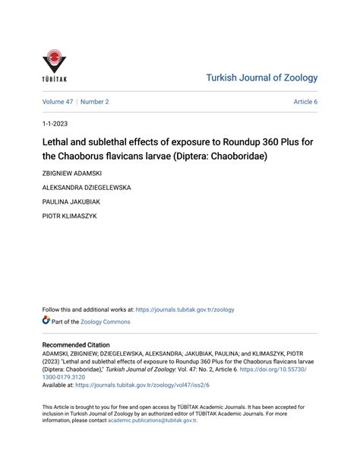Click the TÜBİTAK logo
coord(55,67)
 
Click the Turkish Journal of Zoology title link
coord(262,78)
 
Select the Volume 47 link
coord(57,101)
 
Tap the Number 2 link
coord(95,101)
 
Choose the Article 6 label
coord(305,101)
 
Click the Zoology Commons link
coord(106,322)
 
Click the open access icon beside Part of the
coord(46,322)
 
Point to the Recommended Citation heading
coord(81,344)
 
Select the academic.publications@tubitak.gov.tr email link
coord(152,420)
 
